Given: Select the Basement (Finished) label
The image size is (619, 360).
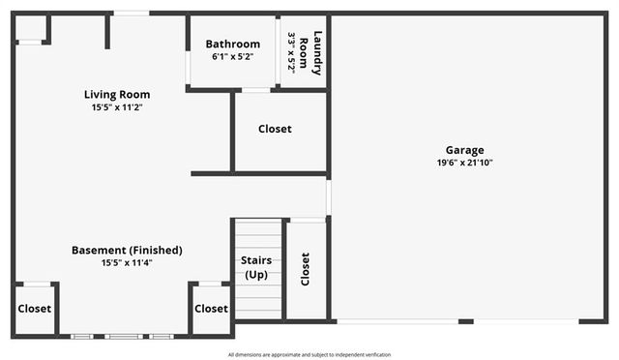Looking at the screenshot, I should click(x=127, y=250).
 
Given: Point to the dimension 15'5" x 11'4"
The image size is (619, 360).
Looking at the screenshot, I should click(x=127, y=262).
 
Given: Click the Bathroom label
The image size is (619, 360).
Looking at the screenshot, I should click(x=232, y=44).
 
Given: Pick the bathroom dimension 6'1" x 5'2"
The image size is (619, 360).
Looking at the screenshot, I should click(x=232, y=57).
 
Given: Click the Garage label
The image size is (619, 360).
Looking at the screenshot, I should click(x=464, y=150).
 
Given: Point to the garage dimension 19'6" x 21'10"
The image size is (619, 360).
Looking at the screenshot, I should click(x=464, y=164).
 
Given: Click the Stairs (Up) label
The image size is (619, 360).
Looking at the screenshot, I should click(x=255, y=268).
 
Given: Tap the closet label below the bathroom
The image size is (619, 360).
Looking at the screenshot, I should click(x=275, y=129).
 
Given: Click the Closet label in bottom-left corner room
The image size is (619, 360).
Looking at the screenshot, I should click(x=34, y=309).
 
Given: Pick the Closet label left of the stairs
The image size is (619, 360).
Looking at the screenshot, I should click(x=211, y=309).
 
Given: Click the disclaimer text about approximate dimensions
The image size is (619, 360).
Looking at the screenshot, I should click(x=309, y=355).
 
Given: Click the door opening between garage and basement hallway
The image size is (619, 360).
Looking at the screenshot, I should click(x=329, y=197).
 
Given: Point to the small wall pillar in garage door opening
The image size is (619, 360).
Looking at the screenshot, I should click(x=466, y=321).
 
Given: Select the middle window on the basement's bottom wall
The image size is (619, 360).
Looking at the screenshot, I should click(x=122, y=336).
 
